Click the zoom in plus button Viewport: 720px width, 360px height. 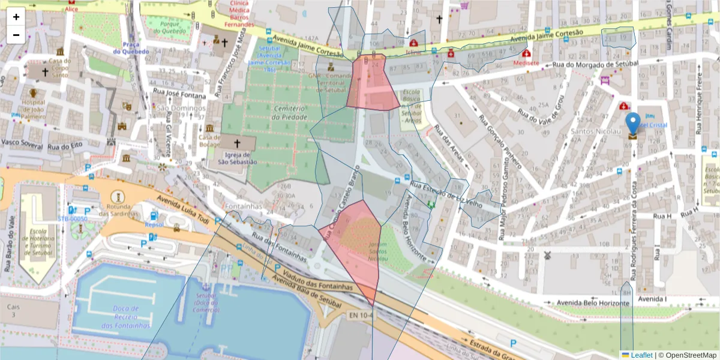click(x=16, y=17)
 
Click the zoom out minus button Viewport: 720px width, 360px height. click(x=16, y=35)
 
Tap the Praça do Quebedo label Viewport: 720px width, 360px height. click(x=135, y=47)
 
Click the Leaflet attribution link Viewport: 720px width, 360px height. click(x=641, y=355)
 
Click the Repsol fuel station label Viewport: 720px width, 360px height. click(x=154, y=224)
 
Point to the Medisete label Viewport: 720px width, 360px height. click(x=525, y=62)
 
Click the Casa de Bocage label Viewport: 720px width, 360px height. click(x=209, y=140)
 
